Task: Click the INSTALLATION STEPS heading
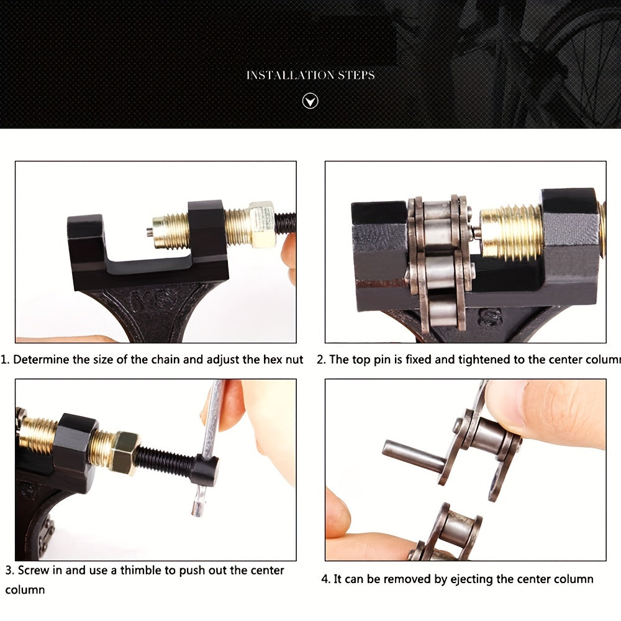(x=310, y=75)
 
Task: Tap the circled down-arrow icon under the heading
(x=310, y=101)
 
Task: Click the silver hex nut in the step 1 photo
(x=261, y=224)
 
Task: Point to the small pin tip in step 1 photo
(x=149, y=232)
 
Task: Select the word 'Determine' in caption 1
(x=39, y=360)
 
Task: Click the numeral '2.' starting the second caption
(x=321, y=360)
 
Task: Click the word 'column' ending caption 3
(x=25, y=589)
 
